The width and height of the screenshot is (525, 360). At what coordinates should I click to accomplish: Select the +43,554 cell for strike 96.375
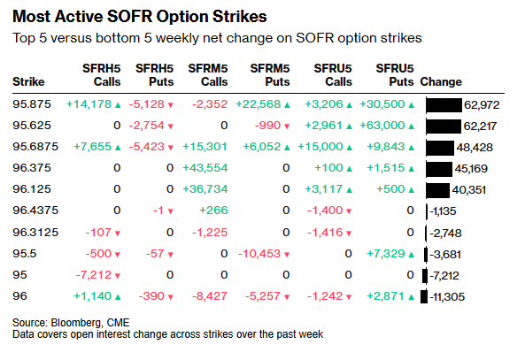pyautogui.click(x=205, y=168)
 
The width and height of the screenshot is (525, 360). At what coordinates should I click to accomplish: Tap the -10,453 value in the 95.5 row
pyautogui.click(x=259, y=254)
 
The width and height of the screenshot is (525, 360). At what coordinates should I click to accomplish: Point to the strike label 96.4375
pyautogui.click(x=35, y=211)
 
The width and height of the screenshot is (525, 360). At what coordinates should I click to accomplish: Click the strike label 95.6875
pyautogui.click(x=35, y=147)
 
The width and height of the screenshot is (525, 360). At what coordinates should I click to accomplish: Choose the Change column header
pyautogui.click(x=441, y=82)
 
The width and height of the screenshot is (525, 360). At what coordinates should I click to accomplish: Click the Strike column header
pyautogui.click(x=28, y=82)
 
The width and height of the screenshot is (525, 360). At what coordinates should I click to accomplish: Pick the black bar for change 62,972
pyautogui.click(x=444, y=104)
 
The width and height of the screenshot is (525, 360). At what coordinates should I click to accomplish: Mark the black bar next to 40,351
pyautogui.click(x=438, y=189)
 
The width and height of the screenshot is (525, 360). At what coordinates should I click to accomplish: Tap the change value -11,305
pyautogui.click(x=447, y=297)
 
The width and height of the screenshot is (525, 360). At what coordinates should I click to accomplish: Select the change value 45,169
pyautogui.click(x=471, y=169)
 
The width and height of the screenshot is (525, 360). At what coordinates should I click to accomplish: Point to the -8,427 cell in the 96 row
pyautogui.click(x=210, y=296)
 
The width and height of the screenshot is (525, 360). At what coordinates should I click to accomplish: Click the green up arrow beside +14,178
pyautogui.click(x=118, y=105)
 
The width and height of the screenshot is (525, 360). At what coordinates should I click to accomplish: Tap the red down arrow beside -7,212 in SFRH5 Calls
pyautogui.click(x=118, y=276)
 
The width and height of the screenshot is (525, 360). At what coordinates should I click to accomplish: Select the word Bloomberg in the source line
pyautogui.click(x=75, y=323)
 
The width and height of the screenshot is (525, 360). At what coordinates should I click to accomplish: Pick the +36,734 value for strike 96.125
pyautogui.click(x=205, y=189)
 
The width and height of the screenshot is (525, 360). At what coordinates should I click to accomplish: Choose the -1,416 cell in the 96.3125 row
pyautogui.click(x=325, y=233)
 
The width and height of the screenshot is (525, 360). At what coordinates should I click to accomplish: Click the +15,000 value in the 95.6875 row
pyautogui.click(x=320, y=147)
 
